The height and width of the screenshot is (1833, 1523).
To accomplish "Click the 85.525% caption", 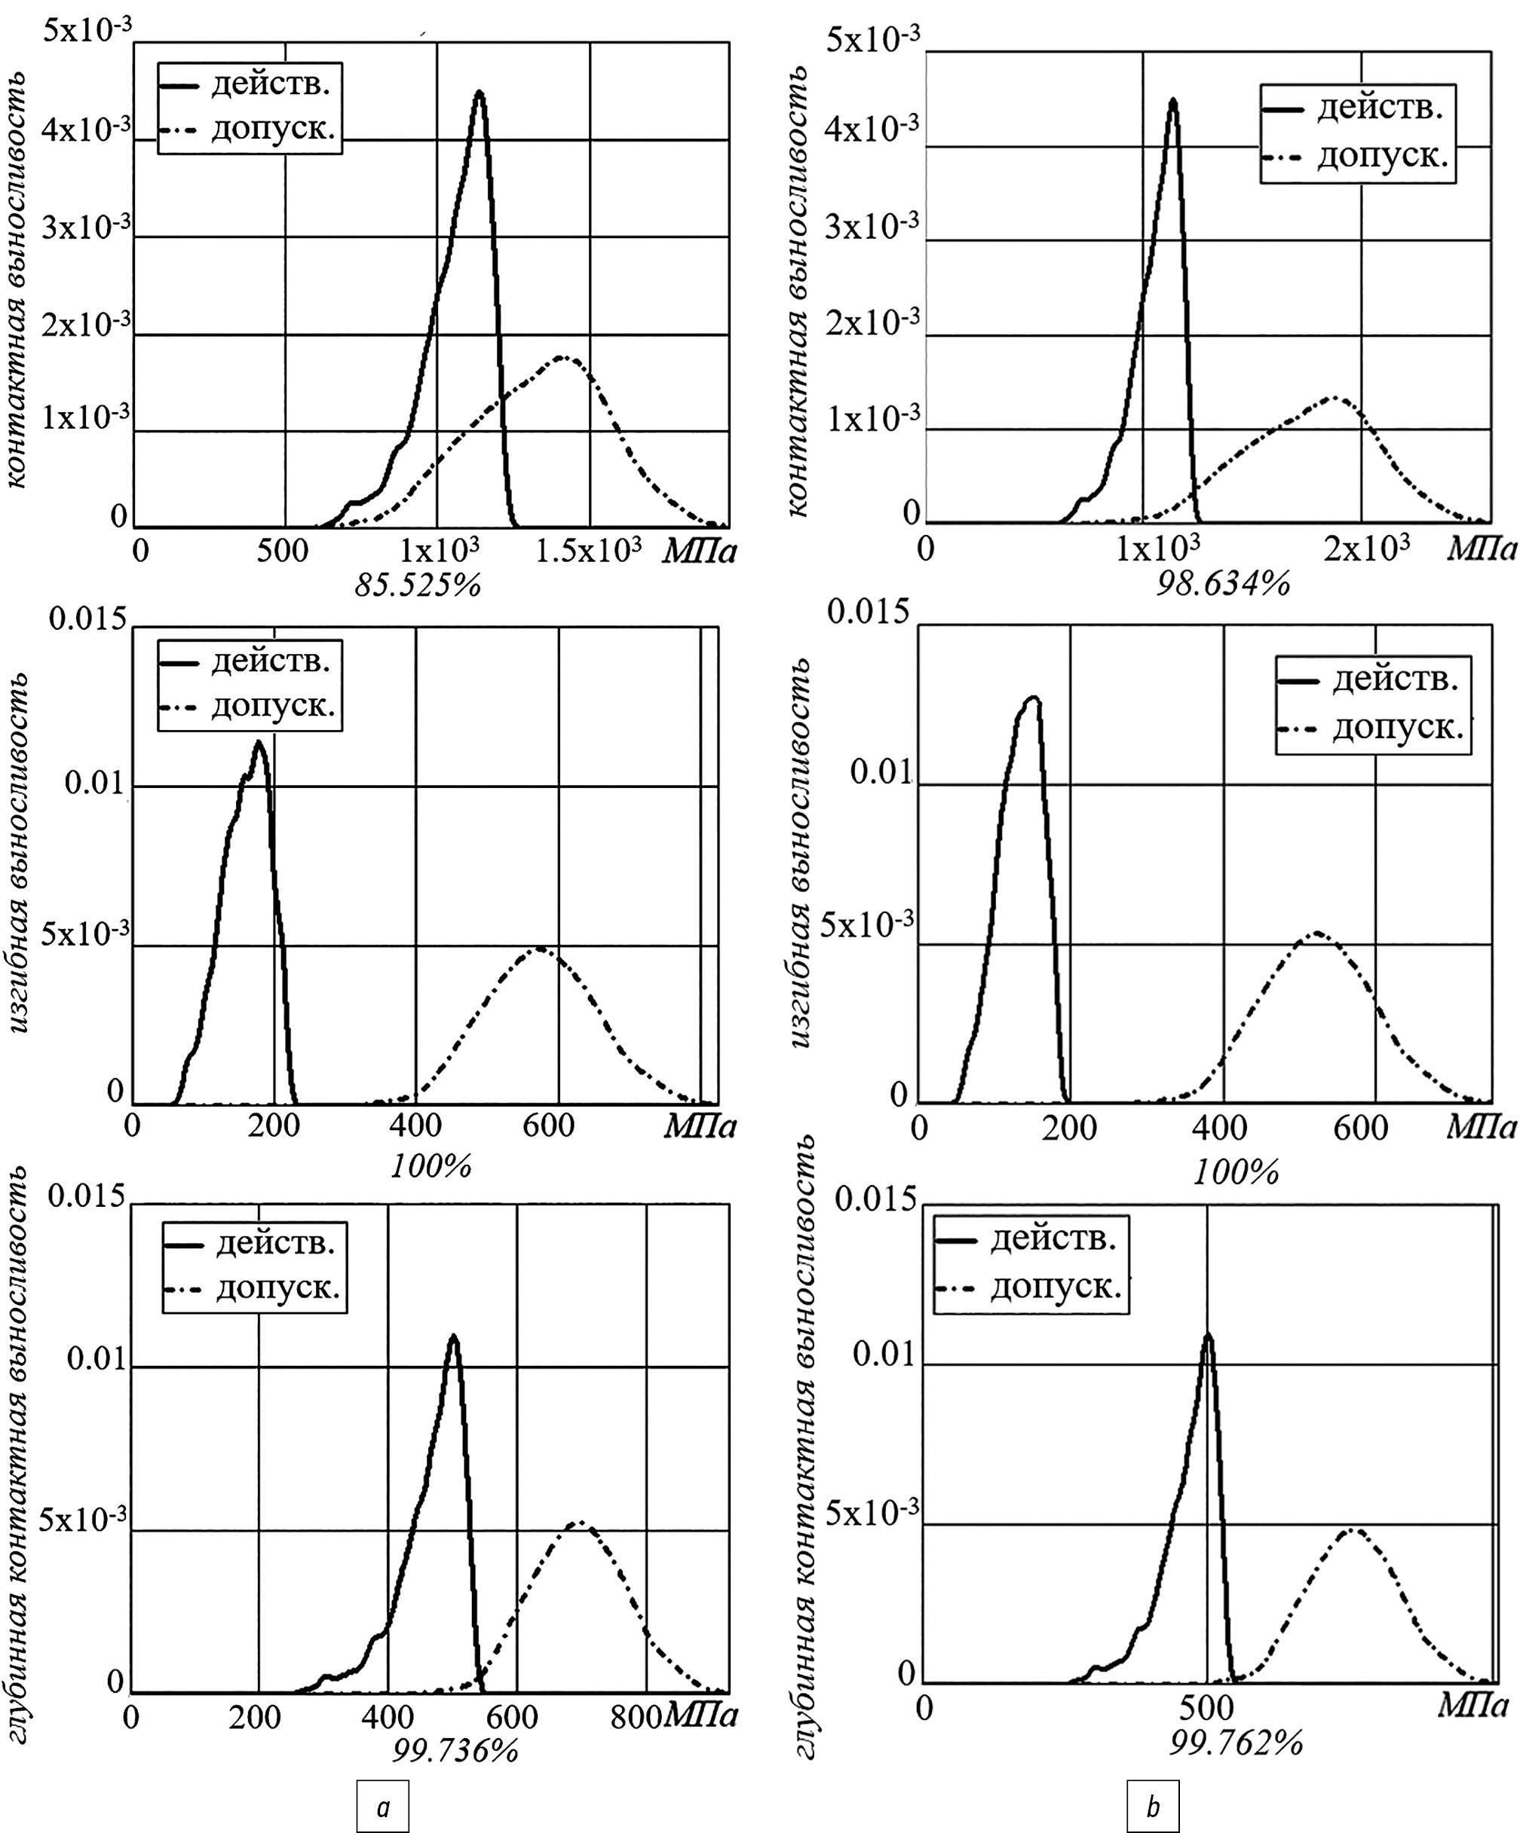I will click(x=418, y=585).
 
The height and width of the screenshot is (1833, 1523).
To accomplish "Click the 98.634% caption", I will click(x=1223, y=583).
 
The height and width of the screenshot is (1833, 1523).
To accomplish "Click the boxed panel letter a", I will click(x=382, y=1807).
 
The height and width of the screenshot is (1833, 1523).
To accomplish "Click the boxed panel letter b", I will click(x=1153, y=1806).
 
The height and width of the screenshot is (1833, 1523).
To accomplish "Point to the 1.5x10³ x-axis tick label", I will click(x=589, y=550).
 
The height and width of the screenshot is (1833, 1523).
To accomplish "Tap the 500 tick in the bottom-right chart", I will click(x=1206, y=1706).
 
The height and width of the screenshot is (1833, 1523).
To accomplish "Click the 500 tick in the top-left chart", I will click(x=282, y=551).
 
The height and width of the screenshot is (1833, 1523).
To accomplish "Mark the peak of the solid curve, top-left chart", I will click(x=479, y=92).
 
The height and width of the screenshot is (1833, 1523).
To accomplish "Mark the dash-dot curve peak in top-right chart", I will click(x=1335, y=398).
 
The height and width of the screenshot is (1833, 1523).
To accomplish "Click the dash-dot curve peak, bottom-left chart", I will click(x=579, y=1524).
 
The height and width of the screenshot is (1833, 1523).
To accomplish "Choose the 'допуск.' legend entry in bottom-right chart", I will click(x=1055, y=1286).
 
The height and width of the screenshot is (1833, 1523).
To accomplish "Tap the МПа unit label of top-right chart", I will click(x=1481, y=548).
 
